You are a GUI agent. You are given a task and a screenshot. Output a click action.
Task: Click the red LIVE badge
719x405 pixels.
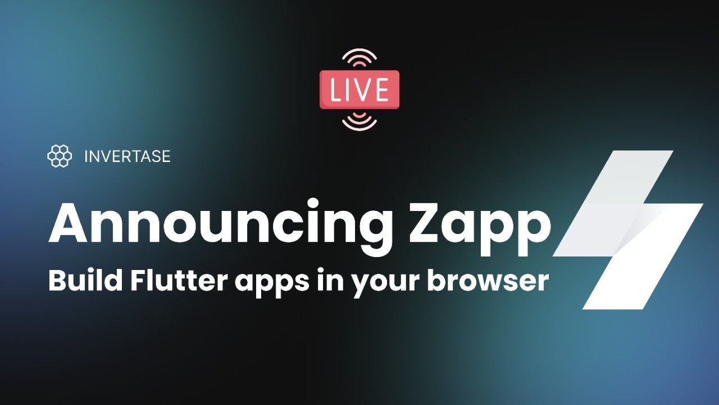tap(359, 89)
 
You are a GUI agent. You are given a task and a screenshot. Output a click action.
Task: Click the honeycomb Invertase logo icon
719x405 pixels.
tap(60, 156)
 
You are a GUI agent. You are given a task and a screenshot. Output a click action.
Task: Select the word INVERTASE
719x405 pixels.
tap(128, 156)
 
